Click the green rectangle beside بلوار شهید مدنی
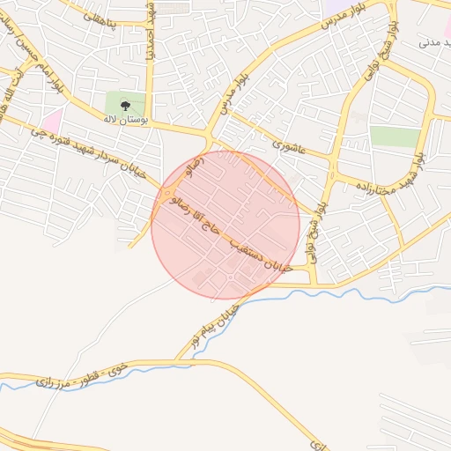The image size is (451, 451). [395, 136]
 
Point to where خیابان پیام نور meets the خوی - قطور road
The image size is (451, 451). [181, 359]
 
